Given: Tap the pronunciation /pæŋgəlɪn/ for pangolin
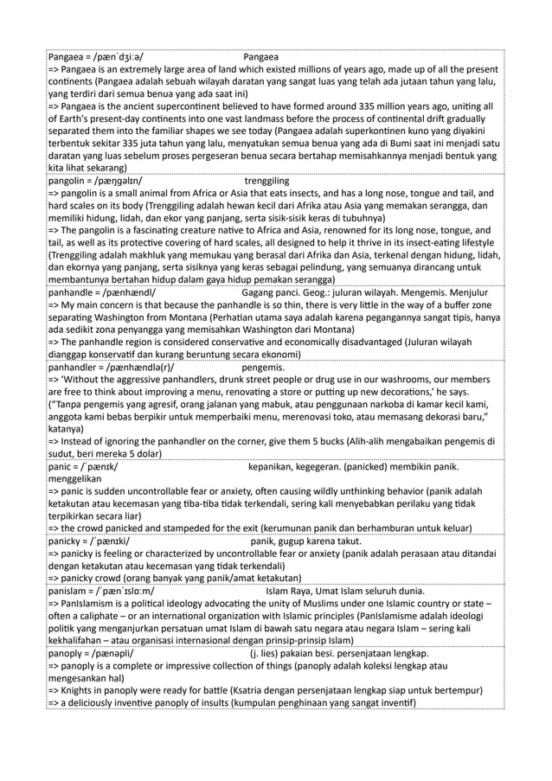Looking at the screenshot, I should (123, 182).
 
